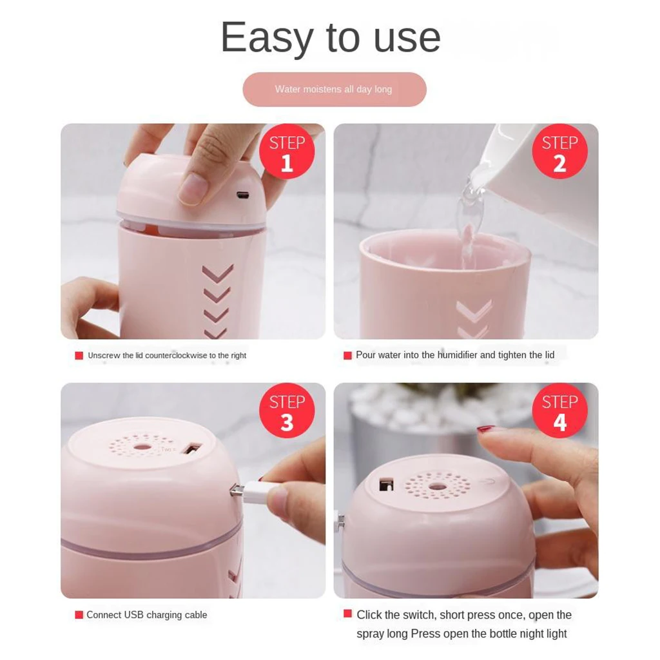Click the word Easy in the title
(x=267, y=39)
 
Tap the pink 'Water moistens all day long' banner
(x=334, y=90)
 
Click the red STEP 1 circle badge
(x=286, y=152)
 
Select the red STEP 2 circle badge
(x=559, y=152)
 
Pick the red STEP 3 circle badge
(x=286, y=411)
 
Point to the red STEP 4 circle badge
(x=559, y=411)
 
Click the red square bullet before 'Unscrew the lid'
(x=79, y=356)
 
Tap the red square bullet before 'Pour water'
(x=347, y=356)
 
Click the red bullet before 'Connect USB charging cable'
(x=79, y=615)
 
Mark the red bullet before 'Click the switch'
(x=347, y=614)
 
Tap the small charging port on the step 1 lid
(x=243, y=195)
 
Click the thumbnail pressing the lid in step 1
(x=192, y=189)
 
